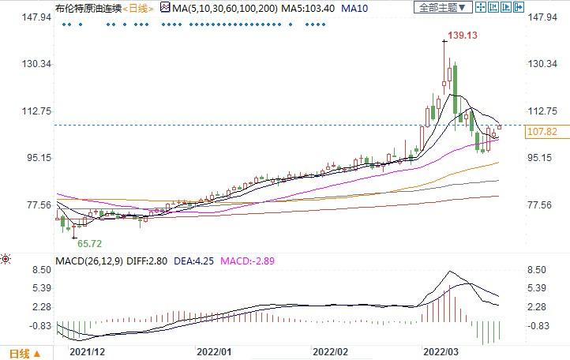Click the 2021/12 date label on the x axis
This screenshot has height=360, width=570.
tap(87, 351)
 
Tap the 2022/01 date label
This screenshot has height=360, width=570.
tap(213, 351)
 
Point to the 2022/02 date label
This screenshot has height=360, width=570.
tap(330, 351)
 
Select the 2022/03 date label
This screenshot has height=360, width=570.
tap(442, 351)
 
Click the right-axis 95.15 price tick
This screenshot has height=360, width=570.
tap(540, 158)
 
